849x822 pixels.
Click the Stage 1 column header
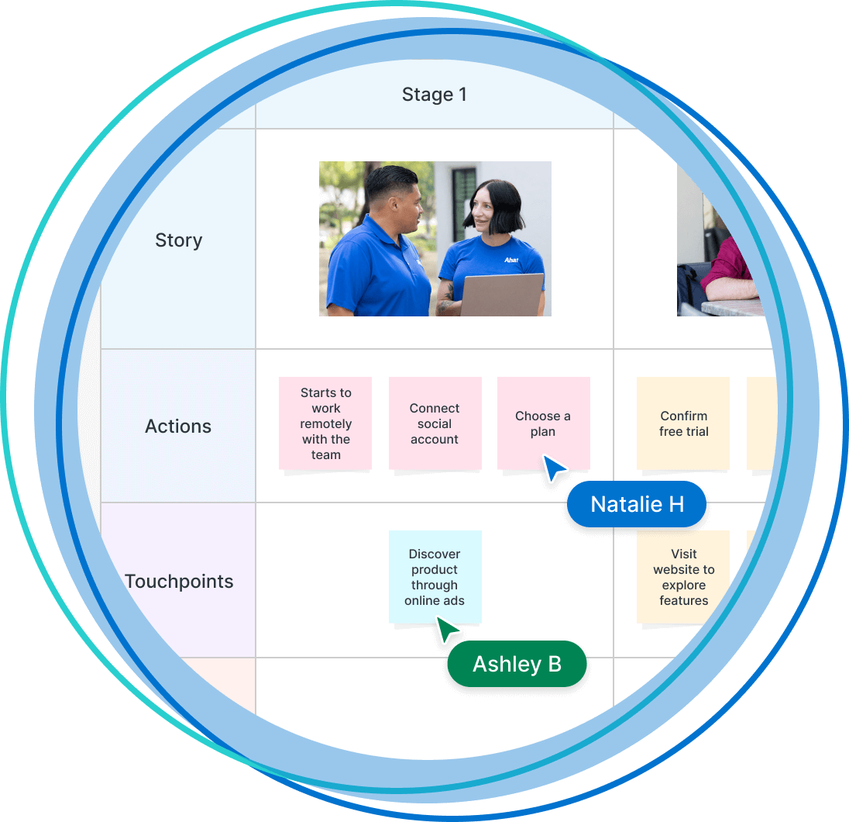point(434,95)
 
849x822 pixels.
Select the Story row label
point(178,240)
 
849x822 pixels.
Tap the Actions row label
point(178,426)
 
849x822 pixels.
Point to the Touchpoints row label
point(179,582)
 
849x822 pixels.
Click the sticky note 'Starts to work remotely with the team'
point(325,423)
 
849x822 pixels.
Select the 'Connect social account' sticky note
point(435,423)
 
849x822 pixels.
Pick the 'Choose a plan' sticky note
point(543,423)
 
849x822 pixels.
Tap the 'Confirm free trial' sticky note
point(683,423)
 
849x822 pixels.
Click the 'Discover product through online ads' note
point(435,577)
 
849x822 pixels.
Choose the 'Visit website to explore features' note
point(683,577)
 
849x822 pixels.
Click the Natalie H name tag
point(637,505)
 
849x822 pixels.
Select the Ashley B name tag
point(517,664)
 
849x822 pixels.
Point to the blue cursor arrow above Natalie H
point(554,468)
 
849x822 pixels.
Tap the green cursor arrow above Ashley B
point(446,629)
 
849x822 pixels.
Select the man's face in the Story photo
point(407,205)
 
